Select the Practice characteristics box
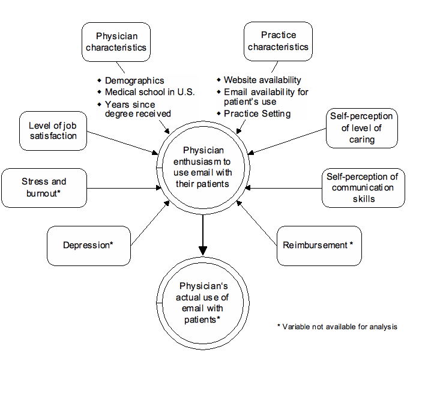(278, 41)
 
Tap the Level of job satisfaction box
(53, 130)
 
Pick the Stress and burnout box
(44, 187)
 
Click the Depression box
(88, 245)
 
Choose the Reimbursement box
(318, 245)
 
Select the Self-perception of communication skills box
(363, 187)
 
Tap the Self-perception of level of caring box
(361, 127)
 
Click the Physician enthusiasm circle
(203, 166)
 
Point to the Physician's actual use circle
(203, 302)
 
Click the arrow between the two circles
(203, 234)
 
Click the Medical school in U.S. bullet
(149, 92)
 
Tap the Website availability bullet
(262, 80)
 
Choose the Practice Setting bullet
(257, 114)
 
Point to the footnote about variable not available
(337, 327)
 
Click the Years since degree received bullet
(137, 109)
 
